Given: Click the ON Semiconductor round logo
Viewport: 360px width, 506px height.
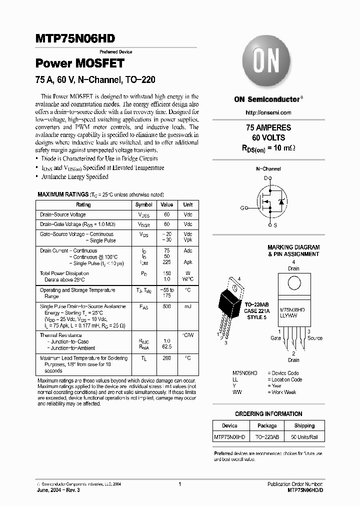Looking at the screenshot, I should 267,63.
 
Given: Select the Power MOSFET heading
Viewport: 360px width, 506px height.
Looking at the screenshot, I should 79,63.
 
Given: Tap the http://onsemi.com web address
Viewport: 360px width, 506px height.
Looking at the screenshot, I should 268,112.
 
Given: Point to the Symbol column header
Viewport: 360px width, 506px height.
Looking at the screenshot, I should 144,205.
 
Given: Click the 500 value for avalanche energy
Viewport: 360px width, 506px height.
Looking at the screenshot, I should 166,306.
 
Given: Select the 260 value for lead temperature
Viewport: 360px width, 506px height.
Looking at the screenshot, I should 166,358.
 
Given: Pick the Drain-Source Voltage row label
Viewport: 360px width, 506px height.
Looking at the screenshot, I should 63,214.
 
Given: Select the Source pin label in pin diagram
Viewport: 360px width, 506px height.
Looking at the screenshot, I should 314,338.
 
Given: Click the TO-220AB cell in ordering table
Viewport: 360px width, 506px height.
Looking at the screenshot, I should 267,437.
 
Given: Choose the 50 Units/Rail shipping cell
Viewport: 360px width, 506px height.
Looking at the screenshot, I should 304,437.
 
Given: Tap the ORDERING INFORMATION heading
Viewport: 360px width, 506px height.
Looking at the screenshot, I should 268,414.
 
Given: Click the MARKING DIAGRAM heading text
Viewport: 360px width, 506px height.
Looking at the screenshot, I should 293,247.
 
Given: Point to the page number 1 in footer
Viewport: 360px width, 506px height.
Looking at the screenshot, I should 179,484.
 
